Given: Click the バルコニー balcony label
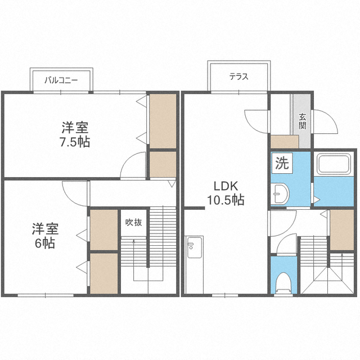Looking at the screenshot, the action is pos(61,80).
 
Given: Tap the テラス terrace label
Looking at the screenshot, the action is pos(238,76).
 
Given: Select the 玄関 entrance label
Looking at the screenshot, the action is pos(303,121).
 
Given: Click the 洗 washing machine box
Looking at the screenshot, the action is pos(282,163).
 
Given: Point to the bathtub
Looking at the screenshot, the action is pos(334,164).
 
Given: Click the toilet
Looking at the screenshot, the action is pos(283,282).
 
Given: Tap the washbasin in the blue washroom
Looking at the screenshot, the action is pos(280,193).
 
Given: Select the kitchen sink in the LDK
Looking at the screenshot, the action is pos(195,247).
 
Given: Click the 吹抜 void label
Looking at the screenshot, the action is pos(134,222).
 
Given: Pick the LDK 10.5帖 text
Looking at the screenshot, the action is pos(226,193).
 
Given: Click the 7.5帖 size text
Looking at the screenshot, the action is pos(75,142).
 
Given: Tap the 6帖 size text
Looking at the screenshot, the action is pos(45,243).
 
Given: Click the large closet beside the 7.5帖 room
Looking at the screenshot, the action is pos(163,121).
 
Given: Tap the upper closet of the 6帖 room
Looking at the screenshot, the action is pos(103,230).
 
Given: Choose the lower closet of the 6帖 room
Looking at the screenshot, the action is pos(103,273).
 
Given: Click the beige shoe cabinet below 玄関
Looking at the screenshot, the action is pos(285,142).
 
